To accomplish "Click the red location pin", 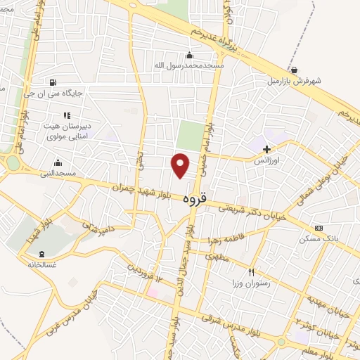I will point(181,165).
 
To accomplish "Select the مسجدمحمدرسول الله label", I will point(188,65).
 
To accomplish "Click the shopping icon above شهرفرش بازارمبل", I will point(293,69).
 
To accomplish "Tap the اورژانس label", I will point(267,160).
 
